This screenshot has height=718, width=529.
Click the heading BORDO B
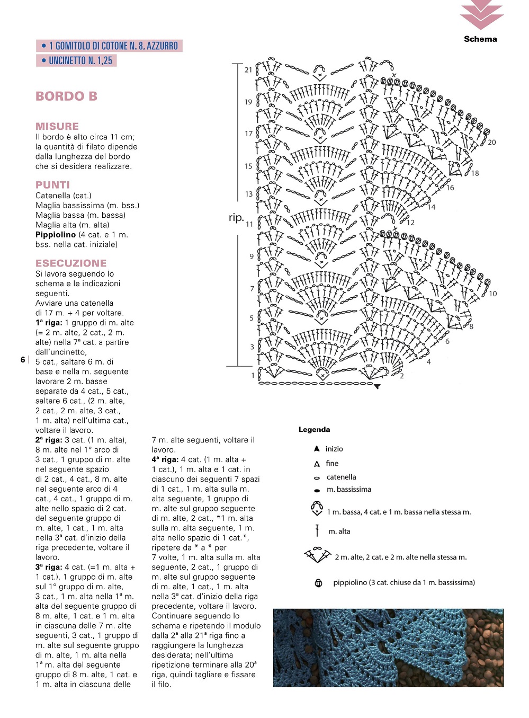click(66, 96)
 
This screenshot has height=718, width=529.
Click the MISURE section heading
click(57, 126)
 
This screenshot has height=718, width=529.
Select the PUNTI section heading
click(52, 185)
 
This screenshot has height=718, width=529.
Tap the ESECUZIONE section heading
click(71, 263)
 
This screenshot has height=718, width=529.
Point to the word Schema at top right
click(480, 39)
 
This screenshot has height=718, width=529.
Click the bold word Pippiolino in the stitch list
click(56, 235)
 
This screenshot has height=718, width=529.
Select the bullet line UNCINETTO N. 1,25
click(77, 60)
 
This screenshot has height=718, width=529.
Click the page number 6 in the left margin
click(23, 360)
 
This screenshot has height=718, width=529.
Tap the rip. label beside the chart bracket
click(236, 218)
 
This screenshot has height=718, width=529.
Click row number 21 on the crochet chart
click(248, 69)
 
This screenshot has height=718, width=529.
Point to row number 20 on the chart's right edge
click(492, 142)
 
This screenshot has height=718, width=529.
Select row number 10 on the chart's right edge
click(493, 294)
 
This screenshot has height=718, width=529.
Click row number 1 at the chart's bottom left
click(253, 375)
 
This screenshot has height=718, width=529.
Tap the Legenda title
click(314, 430)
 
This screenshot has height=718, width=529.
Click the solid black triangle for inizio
click(317, 449)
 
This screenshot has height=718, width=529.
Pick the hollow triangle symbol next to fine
click(317, 464)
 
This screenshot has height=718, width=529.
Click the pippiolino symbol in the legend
click(318, 583)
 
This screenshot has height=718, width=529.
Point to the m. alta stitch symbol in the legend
click(317, 531)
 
